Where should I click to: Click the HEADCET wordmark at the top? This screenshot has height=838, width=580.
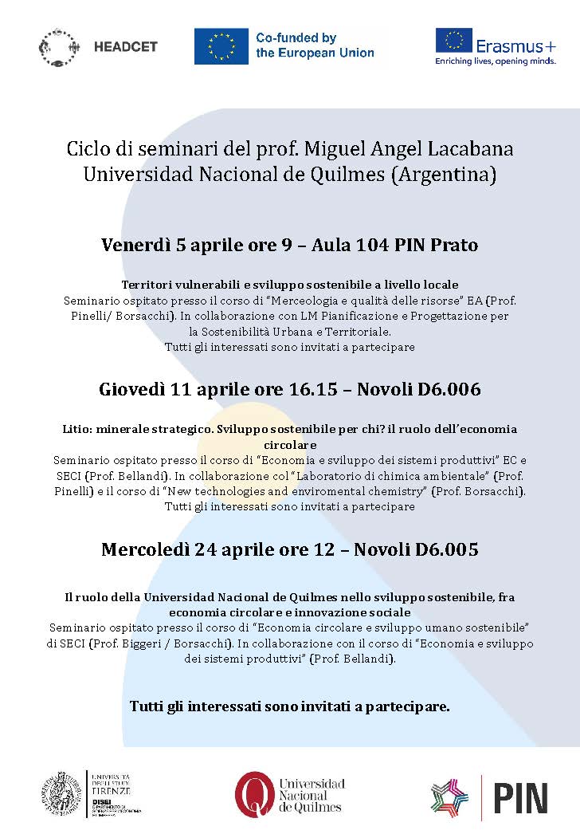[x=126, y=46]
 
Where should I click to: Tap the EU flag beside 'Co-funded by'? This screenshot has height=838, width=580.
[x=221, y=46]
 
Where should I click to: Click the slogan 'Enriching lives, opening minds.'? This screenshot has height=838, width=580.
[x=496, y=61]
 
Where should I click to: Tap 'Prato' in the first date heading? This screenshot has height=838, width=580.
[x=454, y=245]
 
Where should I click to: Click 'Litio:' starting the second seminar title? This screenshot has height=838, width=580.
[x=78, y=429]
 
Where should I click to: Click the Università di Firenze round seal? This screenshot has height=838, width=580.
[x=61, y=794]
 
